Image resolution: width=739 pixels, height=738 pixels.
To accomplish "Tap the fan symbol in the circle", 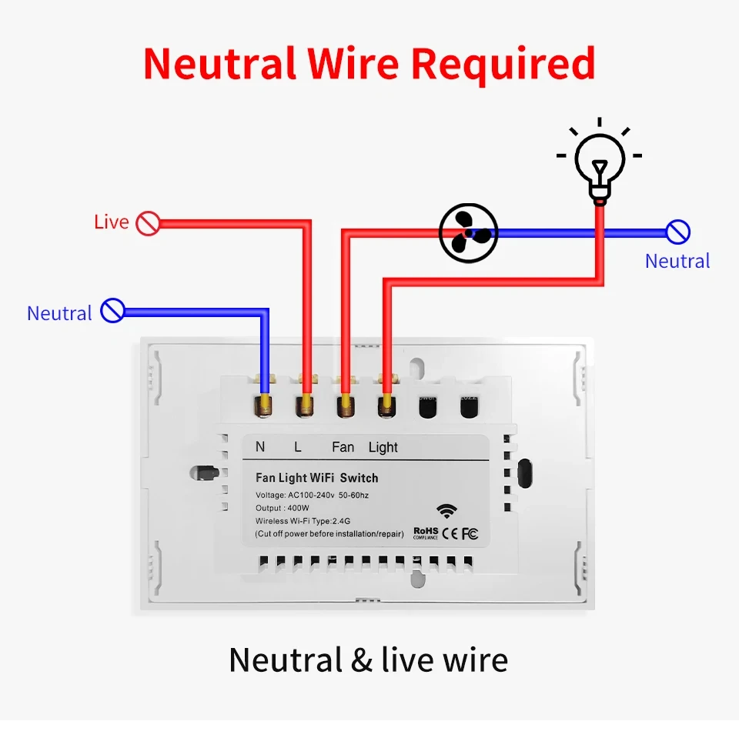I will (469, 232).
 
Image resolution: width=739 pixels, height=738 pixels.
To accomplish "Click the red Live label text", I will (111, 222).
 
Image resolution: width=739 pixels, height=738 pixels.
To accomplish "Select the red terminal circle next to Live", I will (147, 224).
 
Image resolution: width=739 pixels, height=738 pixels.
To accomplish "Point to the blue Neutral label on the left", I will (59, 313).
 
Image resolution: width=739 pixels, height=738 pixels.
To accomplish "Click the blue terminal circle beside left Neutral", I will (112, 311).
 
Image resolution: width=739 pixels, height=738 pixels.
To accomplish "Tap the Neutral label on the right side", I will (677, 261).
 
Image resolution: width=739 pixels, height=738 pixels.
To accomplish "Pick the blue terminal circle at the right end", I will (677, 232).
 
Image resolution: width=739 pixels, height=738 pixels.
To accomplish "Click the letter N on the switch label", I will (260, 447).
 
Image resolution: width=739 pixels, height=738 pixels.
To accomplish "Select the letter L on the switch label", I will (297, 447).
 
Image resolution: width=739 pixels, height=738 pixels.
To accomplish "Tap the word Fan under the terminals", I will (343, 447).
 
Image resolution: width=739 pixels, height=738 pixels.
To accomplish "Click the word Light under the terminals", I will (383, 447).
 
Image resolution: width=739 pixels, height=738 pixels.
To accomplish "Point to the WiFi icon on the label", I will (445, 511).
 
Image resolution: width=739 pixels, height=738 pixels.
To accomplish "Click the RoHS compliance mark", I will (425, 532).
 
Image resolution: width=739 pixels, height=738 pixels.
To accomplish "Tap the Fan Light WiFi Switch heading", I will (316, 478).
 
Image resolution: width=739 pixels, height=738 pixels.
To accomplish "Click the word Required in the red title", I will (503, 64).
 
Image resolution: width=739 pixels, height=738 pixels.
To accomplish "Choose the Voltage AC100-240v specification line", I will (312, 495).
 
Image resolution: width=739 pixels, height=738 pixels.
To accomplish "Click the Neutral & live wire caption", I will (369, 660).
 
